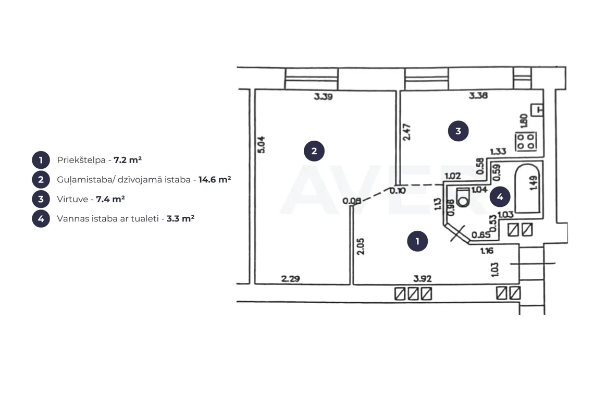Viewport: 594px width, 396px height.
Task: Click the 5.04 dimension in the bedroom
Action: click(x=262, y=144)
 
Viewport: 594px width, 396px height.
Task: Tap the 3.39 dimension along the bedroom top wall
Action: click(x=323, y=96)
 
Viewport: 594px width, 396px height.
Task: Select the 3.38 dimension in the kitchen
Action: click(x=478, y=95)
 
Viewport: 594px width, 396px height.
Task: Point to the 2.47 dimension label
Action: click(x=406, y=132)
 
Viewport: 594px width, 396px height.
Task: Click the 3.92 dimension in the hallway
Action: click(x=423, y=279)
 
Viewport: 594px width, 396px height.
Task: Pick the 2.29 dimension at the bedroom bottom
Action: click(x=291, y=279)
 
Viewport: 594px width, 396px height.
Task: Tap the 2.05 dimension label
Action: click(x=361, y=246)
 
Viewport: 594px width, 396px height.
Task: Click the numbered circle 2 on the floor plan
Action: click(x=314, y=151)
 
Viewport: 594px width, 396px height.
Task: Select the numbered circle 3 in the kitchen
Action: click(x=458, y=131)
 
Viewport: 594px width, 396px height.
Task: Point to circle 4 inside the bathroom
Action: click(x=500, y=196)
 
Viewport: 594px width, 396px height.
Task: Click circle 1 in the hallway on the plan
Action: click(x=417, y=241)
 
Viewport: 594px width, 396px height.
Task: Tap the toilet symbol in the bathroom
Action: click(x=463, y=197)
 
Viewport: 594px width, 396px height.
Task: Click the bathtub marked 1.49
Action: click(x=527, y=188)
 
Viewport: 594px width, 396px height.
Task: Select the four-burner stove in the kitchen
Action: click(x=525, y=141)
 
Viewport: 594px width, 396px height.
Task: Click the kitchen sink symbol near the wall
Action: click(x=537, y=110)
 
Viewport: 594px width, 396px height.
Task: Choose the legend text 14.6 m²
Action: click(x=215, y=179)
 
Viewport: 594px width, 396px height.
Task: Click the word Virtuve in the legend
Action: click(x=72, y=199)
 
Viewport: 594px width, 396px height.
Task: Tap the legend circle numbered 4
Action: click(x=41, y=219)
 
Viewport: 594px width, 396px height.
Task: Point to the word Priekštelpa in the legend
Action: click(x=81, y=160)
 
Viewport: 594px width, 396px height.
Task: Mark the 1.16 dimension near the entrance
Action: click(x=487, y=251)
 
